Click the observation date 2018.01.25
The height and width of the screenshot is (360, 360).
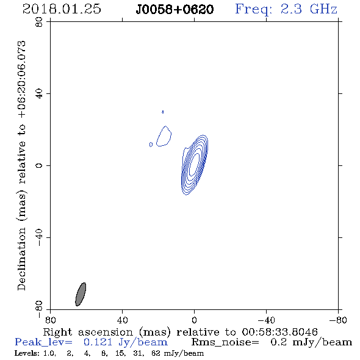[62, 9]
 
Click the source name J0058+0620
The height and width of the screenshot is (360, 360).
[175, 10]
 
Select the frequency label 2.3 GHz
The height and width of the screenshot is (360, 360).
[309, 9]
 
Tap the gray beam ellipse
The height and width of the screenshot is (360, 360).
[81, 294]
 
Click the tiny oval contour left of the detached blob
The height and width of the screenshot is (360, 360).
[151, 145]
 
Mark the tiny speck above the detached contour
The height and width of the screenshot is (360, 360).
[162, 112]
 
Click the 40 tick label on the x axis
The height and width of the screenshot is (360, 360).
[122, 320]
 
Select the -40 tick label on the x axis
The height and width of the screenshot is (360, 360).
[266, 320]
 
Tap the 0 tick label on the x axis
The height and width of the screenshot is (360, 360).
[194, 320]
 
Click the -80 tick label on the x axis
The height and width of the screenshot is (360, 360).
[338, 320]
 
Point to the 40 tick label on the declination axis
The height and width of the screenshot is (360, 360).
[39, 94]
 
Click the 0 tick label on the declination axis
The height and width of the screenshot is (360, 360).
[39, 165]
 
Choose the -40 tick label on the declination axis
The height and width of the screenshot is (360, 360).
[39, 237]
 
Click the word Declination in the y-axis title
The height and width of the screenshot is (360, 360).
[21, 259]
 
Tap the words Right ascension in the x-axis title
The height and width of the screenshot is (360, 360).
[88, 332]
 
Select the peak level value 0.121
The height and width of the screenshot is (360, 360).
[98, 342]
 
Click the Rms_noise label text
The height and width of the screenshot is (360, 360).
[225, 342]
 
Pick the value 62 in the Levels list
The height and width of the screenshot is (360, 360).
[156, 353]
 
